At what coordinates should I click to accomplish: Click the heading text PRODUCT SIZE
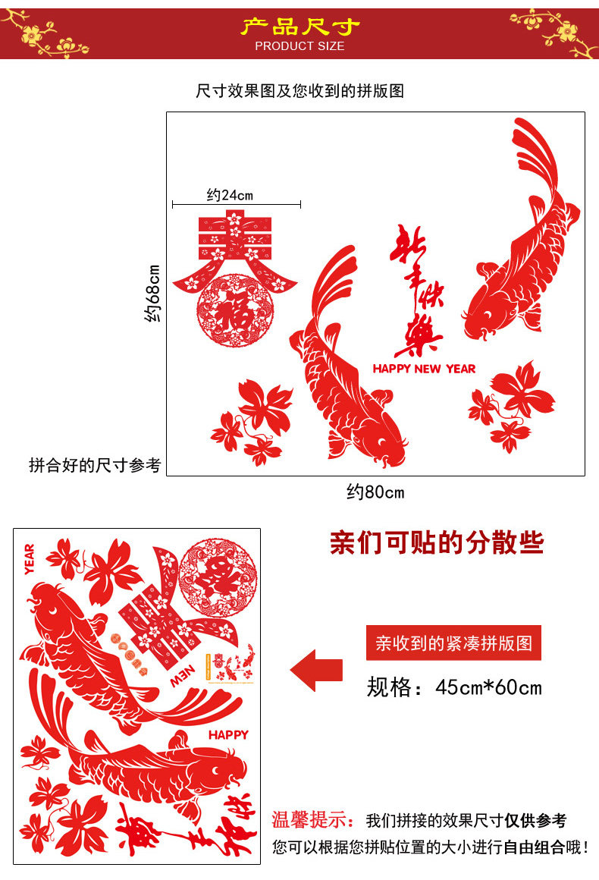click(x=299, y=46)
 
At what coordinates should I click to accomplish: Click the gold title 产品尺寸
click(x=299, y=27)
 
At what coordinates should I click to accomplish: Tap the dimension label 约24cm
click(x=230, y=195)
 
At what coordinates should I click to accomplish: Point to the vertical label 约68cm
click(x=153, y=293)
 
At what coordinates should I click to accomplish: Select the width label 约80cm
click(x=375, y=492)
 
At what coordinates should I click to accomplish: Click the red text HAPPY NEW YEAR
click(x=424, y=369)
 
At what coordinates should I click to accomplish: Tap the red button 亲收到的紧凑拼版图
click(x=453, y=643)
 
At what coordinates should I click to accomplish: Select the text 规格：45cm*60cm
click(x=454, y=687)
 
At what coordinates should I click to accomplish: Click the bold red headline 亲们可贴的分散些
click(x=437, y=542)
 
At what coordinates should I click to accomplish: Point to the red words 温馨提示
click(x=312, y=820)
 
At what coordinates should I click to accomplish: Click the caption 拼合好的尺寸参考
click(x=95, y=465)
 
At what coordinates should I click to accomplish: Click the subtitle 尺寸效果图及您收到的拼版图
click(x=299, y=91)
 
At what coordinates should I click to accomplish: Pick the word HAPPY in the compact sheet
click(x=228, y=734)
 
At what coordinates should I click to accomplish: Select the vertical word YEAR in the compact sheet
click(x=30, y=559)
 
